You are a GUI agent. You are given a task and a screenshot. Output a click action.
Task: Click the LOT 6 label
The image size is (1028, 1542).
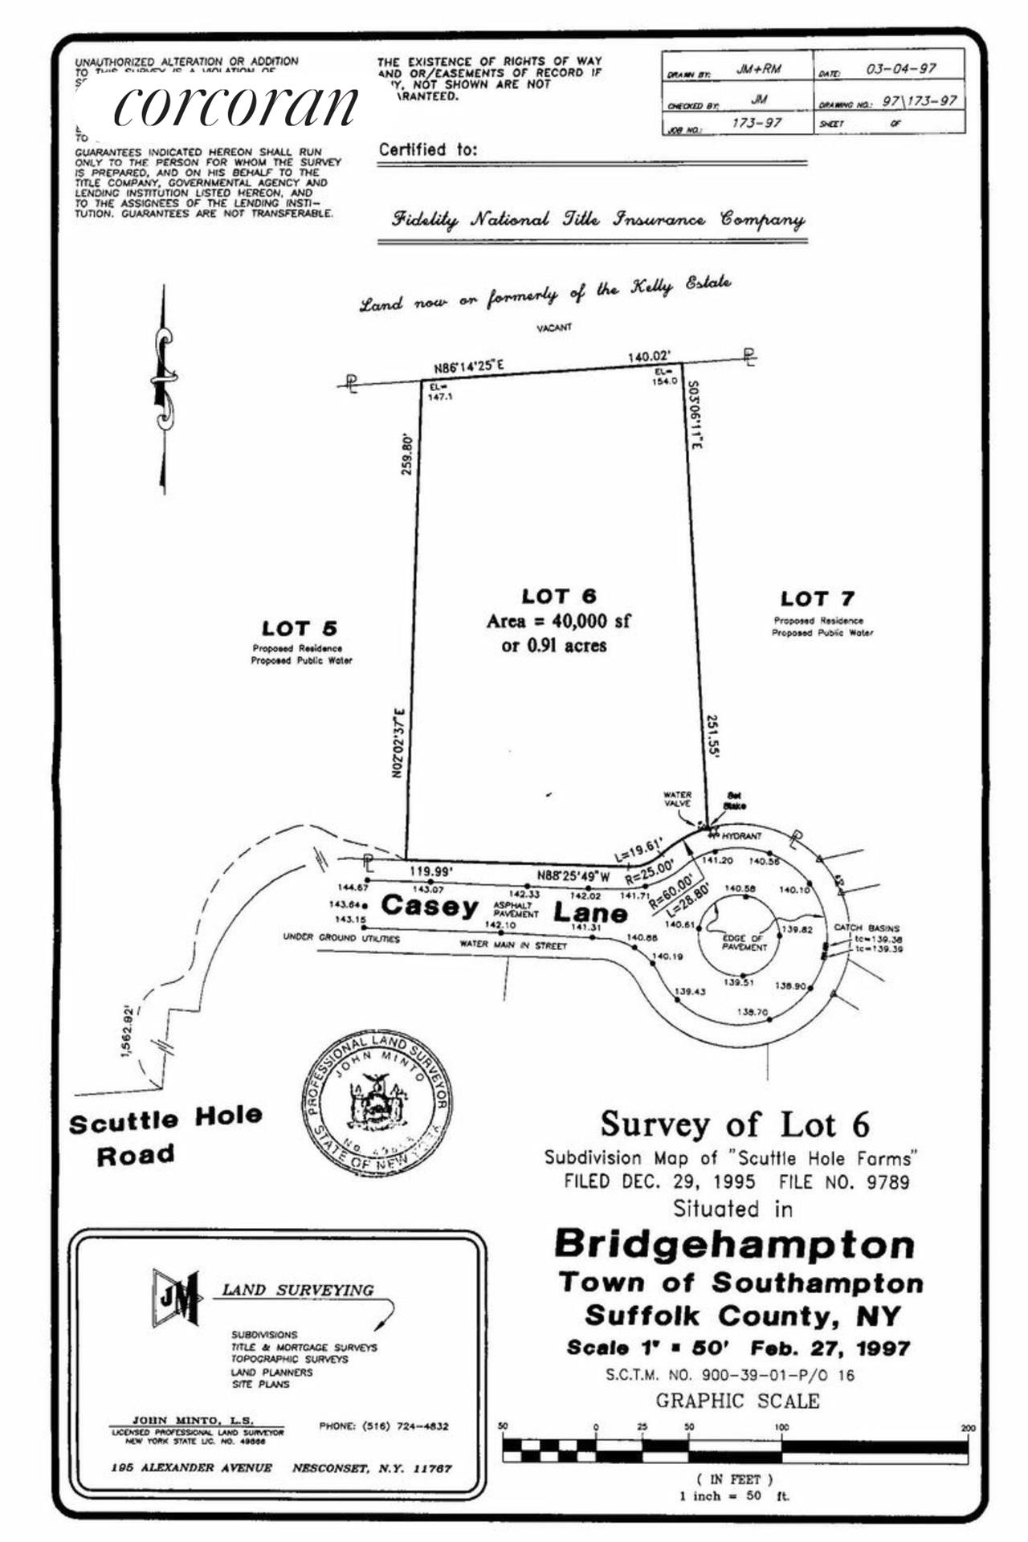point(558,596)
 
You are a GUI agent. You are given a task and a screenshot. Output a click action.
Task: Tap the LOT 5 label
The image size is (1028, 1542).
point(299,628)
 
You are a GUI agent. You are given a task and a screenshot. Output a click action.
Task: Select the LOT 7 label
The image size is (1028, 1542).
point(817,598)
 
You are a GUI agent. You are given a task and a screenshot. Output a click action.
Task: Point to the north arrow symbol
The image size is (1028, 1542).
point(164,390)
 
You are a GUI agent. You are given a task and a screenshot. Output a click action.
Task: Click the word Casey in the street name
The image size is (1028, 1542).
point(430,905)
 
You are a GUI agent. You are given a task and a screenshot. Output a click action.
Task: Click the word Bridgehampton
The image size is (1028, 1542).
point(734,1244)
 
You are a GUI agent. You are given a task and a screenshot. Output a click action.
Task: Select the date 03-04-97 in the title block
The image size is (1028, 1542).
point(900,69)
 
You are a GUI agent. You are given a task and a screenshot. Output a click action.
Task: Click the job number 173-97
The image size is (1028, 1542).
point(757,124)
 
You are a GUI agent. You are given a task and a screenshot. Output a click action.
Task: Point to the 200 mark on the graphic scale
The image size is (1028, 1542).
point(968,1427)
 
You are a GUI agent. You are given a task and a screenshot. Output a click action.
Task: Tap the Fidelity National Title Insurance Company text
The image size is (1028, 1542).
point(598,218)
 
